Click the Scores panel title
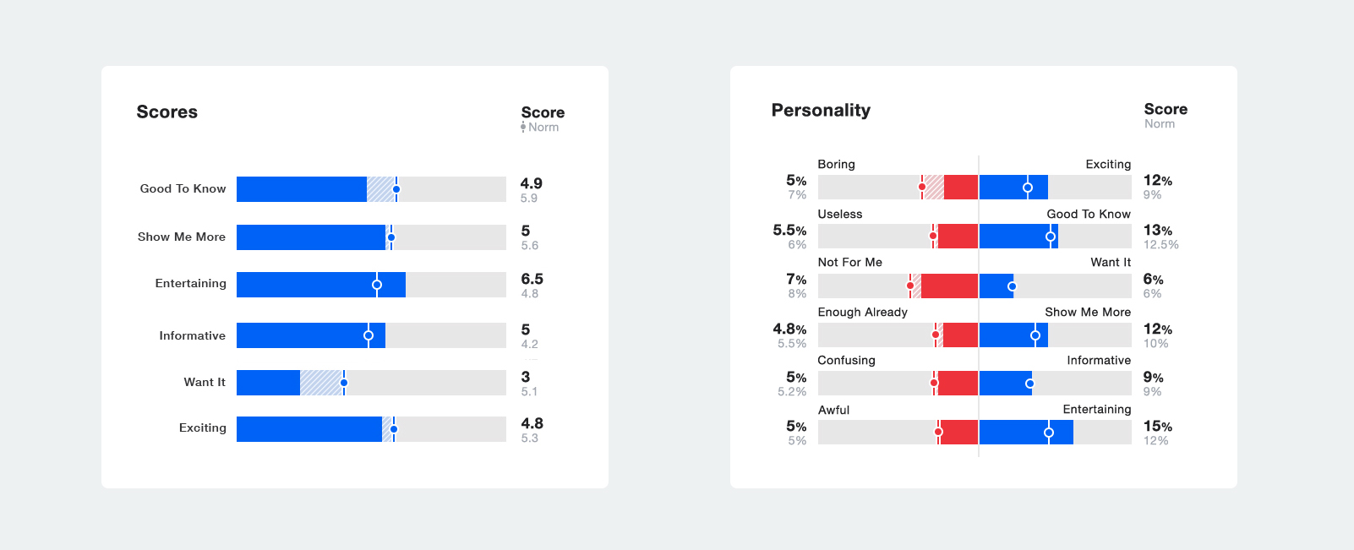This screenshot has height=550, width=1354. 167,112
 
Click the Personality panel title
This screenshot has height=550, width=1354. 821,111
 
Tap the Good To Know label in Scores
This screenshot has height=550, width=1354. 183,189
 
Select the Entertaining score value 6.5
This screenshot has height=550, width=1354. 532,279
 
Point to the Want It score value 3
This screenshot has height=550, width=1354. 526,377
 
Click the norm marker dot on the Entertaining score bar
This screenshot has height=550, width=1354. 377,285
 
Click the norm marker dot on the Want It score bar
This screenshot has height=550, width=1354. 344,383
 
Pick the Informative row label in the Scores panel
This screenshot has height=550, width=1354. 192,336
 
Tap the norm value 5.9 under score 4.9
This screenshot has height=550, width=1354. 529,199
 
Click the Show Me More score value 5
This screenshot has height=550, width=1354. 526,231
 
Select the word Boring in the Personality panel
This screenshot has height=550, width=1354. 836,165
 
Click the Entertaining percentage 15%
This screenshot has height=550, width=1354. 1157,427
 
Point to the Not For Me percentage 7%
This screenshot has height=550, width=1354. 796,280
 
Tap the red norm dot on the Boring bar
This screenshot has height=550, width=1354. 922,187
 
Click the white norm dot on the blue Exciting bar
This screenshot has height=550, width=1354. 1028,188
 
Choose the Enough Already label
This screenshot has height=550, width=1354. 862,313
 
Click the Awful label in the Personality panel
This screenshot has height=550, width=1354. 833,411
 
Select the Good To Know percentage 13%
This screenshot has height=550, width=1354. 1157,231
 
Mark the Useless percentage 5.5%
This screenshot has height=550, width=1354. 789,231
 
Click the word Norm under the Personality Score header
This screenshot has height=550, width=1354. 1160,124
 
